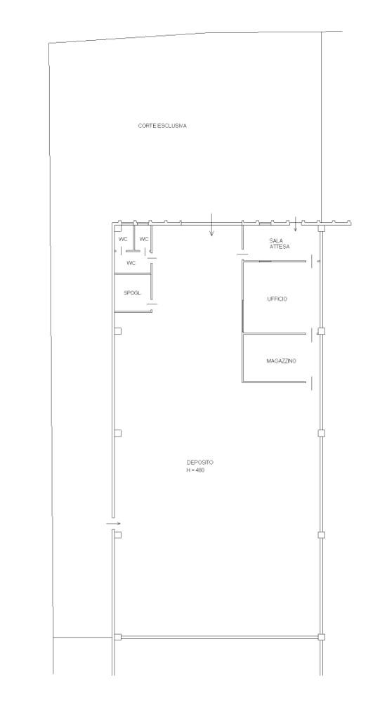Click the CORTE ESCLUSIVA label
tap(162, 126)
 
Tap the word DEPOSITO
tap(200, 463)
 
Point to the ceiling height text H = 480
tap(196, 470)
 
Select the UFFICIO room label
tap(277, 299)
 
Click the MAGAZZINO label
tap(281, 361)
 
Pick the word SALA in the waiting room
tap(276, 240)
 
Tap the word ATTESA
tap(280, 247)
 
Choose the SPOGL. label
tap(133, 292)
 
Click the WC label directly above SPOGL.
tap(131, 263)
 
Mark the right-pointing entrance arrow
tap(114, 523)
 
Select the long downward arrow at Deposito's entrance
tap(212, 225)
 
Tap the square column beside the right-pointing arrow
tap(118, 535)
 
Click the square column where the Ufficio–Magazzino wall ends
tap(321, 331)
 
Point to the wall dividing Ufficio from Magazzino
tap(275, 333)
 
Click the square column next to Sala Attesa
tap(321, 229)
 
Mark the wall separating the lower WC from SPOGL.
tap(133, 273)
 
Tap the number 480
tap(201, 470)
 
